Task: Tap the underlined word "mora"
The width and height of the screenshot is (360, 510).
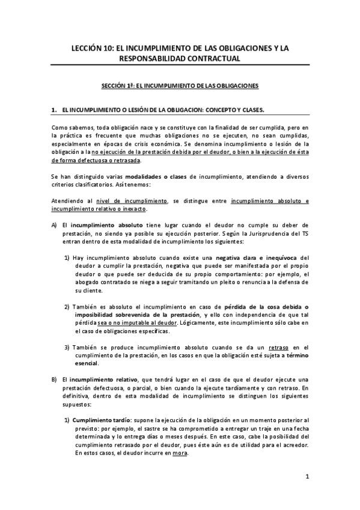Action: coord(180,453)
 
